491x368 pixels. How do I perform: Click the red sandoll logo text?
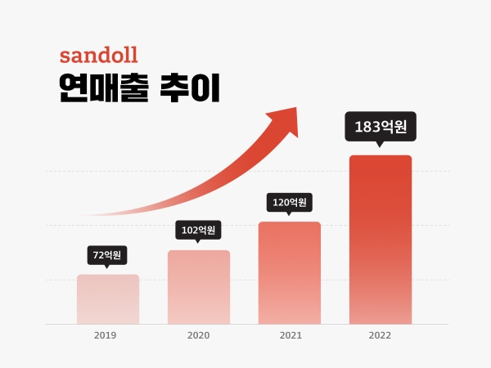pyautogui.click(x=98, y=56)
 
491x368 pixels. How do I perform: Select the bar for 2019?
pyautogui.click(x=108, y=299)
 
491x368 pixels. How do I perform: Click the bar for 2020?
pyautogui.click(x=199, y=287)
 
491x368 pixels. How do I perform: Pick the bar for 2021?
pyautogui.click(x=290, y=273)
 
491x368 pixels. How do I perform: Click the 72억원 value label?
pyautogui.click(x=107, y=255)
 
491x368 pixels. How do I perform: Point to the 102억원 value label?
pyautogui.click(x=198, y=230)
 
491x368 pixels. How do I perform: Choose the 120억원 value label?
pyautogui.click(x=289, y=202)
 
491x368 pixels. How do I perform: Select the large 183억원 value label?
pyautogui.click(x=381, y=127)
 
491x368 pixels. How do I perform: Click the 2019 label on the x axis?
pyautogui.click(x=106, y=336)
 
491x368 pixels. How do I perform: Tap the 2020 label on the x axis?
pyautogui.click(x=198, y=336)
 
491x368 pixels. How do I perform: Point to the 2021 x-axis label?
pyautogui.click(x=291, y=336)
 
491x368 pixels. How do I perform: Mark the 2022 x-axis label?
pyautogui.click(x=381, y=336)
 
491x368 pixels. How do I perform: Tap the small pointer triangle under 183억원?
pyautogui.click(x=380, y=145)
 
